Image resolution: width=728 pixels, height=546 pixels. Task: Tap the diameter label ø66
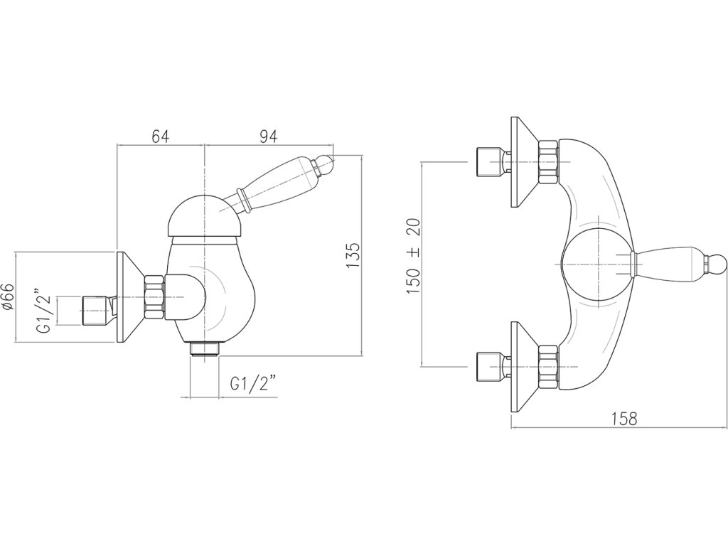tap(8, 296)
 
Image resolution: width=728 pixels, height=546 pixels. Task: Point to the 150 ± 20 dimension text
tap(414, 257)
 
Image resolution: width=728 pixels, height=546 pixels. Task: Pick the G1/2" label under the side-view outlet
tap(252, 384)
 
